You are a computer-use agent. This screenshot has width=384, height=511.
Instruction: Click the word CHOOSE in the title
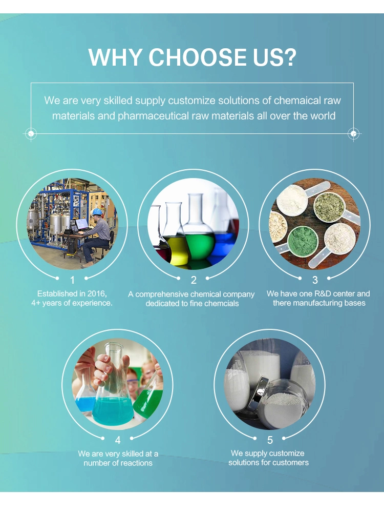(x=198, y=57)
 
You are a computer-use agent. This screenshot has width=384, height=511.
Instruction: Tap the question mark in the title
(x=289, y=57)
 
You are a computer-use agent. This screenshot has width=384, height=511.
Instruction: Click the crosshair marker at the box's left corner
(x=31, y=133)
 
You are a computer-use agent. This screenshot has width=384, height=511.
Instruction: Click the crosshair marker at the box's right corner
(x=353, y=133)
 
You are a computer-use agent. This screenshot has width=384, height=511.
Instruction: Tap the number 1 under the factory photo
(x=72, y=280)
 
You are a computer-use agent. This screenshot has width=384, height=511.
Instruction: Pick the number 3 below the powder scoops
(x=315, y=280)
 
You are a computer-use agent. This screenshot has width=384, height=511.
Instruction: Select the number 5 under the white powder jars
(x=270, y=440)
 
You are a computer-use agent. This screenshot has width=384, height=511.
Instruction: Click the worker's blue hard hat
(x=97, y=212)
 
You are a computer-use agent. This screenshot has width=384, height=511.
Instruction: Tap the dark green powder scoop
(x=303, y=241)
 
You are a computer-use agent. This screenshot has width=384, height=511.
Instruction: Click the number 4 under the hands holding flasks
(x=118, y=440)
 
